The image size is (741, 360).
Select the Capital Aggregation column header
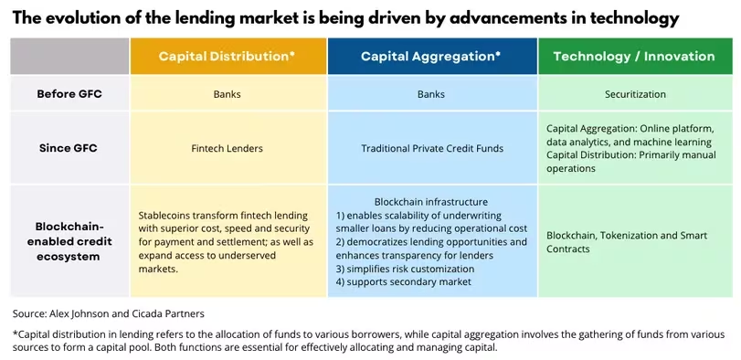tap(430, 57)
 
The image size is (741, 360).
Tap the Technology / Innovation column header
tap(634, 57)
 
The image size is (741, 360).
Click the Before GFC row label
tap(69, 93)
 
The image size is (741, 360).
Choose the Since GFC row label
tap(69, 148)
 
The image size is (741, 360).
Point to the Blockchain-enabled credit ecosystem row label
tap(69, 241)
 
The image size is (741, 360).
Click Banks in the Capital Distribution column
tap(228, 94)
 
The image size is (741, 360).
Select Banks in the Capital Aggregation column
tap(431, 94)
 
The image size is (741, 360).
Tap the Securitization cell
tap(635, 94)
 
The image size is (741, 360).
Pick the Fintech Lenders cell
tap(228, 148)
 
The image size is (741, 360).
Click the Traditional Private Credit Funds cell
tap(432, 148)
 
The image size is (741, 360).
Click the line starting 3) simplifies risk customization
tap(405, 269)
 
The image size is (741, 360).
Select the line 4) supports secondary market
tap(404, 282)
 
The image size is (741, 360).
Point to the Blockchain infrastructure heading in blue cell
tap(431, 202)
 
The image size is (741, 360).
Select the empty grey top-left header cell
tap(69, 57)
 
